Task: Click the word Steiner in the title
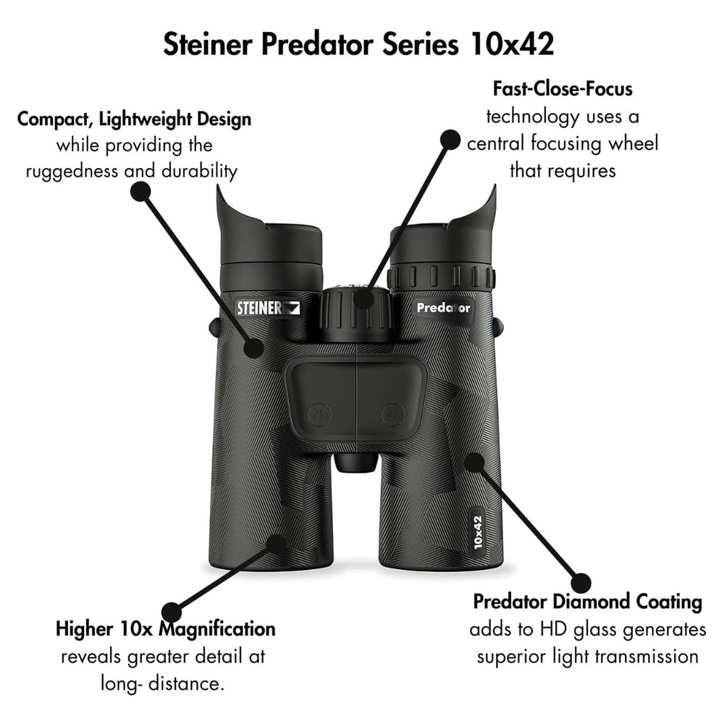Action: [208, 44]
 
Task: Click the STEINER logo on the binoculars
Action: [268, 307]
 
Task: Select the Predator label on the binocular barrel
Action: [443, 308]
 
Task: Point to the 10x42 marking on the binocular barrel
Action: [478, 532]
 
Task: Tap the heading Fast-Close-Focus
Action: [563, 89]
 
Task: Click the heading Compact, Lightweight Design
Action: [135, 119]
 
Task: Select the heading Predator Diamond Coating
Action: [587, 602]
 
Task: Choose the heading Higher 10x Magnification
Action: [166, 628]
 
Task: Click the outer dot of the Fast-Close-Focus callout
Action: [450, 140]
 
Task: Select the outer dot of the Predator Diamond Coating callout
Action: [581, 582]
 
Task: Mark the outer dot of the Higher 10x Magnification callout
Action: [171, 612]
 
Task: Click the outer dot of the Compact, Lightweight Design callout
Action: [140, 191]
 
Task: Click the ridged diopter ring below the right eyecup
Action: [441, 277]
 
